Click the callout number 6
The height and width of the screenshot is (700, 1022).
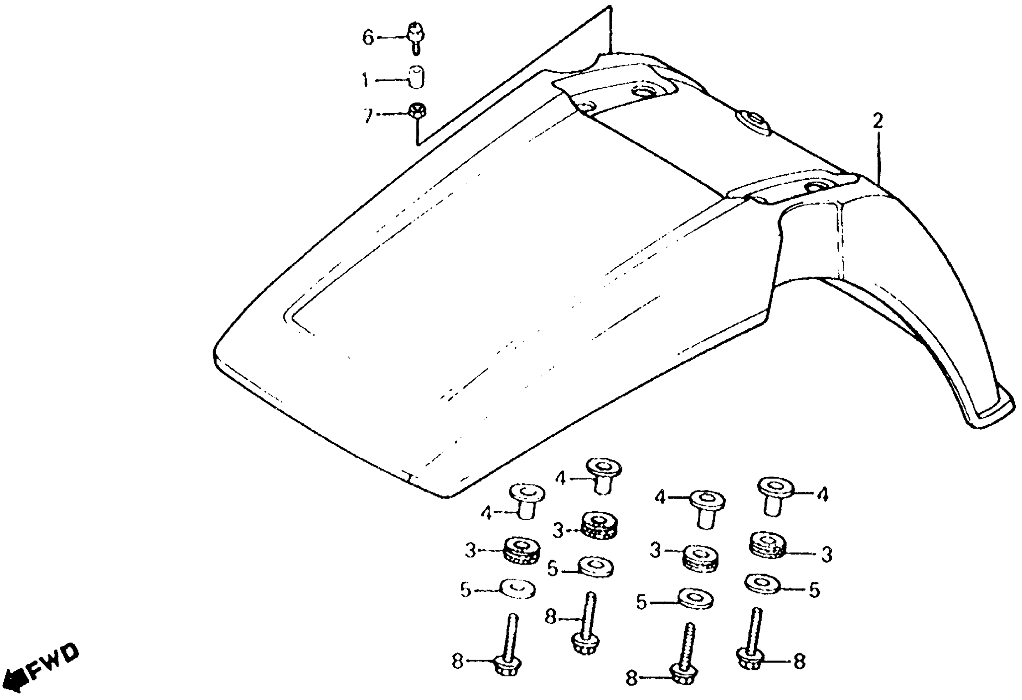(367, 38)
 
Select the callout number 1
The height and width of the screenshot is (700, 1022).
(365, 80)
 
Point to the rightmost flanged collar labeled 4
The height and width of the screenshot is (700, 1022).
(774, 495)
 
